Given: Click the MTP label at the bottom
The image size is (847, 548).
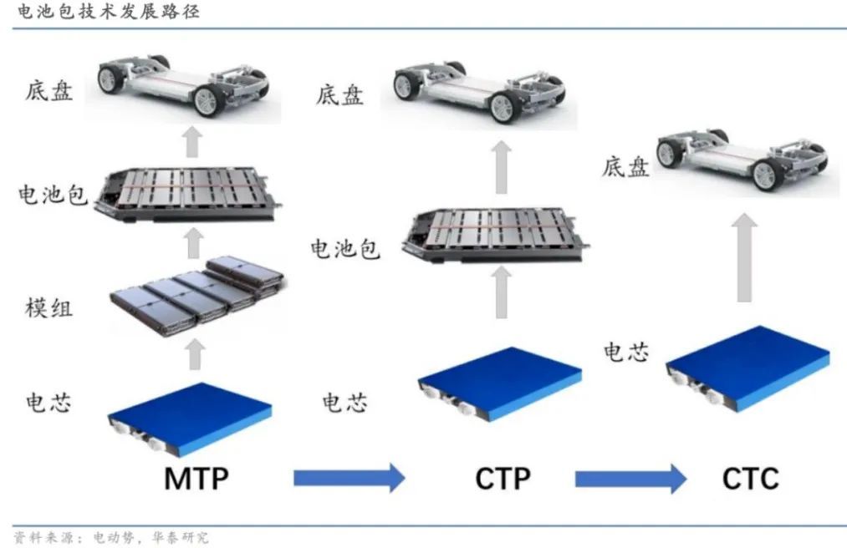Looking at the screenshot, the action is (x=196, y=479).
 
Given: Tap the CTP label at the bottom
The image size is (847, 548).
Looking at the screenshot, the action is (x=503, y=479).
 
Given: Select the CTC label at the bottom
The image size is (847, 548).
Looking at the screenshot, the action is (x=750, y=479).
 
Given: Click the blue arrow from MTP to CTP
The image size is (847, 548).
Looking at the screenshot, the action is (x=349, y=478).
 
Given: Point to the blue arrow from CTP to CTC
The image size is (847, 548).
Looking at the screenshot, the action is (x=630, y=479).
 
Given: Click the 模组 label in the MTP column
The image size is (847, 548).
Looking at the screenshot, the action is (x=48, y=307).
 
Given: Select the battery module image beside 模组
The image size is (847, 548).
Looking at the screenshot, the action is (x=197, y=296).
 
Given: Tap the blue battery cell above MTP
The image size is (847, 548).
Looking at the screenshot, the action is (x=189, y=419).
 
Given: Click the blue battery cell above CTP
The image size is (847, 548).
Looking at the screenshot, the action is (x=500, y=384).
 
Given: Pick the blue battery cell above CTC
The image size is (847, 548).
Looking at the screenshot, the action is (x=748, y=368).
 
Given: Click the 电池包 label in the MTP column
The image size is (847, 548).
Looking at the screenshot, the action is (x=53, y=195).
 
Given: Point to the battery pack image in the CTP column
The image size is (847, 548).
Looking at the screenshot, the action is (x=495, y=236).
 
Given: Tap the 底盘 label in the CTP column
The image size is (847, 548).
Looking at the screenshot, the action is (x=339, y=95).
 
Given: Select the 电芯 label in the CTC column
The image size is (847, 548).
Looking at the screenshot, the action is (x=626, y=352).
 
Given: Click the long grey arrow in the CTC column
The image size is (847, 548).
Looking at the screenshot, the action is (x=744, y=257).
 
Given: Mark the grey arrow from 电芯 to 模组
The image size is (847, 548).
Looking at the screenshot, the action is (x=195, y=354).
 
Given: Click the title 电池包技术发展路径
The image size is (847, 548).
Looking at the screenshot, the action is (x=109, y=11).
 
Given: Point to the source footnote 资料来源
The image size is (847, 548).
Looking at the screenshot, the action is (x=110, y=537).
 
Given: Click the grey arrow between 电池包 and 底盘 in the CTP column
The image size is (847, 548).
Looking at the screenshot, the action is (x=502, y=167).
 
